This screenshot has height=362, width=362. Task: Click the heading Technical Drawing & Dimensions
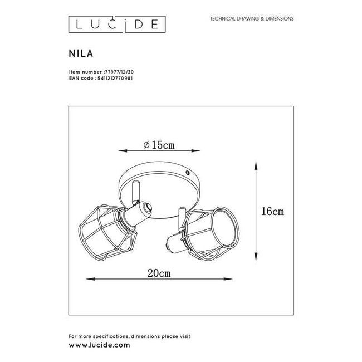tap(252, 18)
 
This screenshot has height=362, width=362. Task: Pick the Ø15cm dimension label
tap(159, 145)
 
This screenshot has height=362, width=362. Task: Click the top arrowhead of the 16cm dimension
tap(255, 164)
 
